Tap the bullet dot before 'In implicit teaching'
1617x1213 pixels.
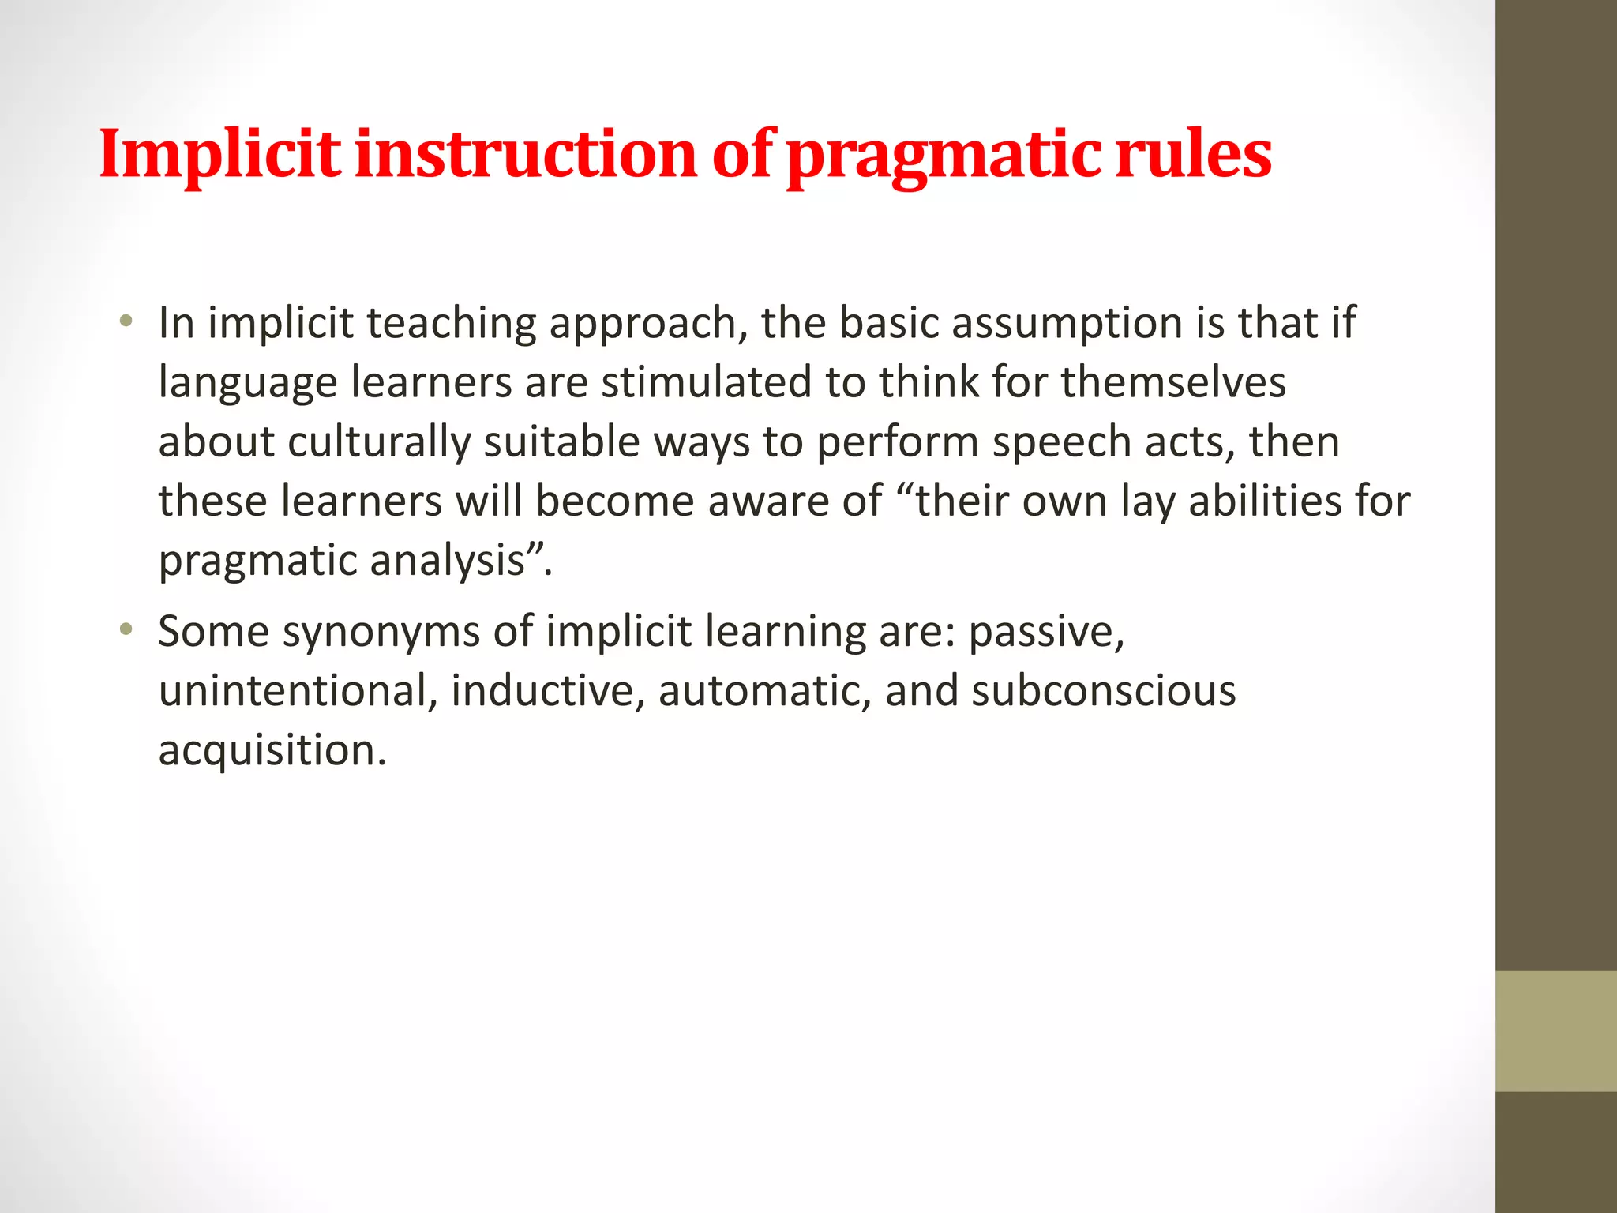[125, 321]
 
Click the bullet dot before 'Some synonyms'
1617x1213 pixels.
[125, 630]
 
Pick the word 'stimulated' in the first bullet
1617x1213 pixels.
[707, 383]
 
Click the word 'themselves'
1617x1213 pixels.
[1173, 383]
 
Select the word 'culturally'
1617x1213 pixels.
[379, 442]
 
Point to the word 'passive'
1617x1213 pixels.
[1041, 633]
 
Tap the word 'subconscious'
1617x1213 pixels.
[1104, 691]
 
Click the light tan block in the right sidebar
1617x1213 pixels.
[1556, 1031]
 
